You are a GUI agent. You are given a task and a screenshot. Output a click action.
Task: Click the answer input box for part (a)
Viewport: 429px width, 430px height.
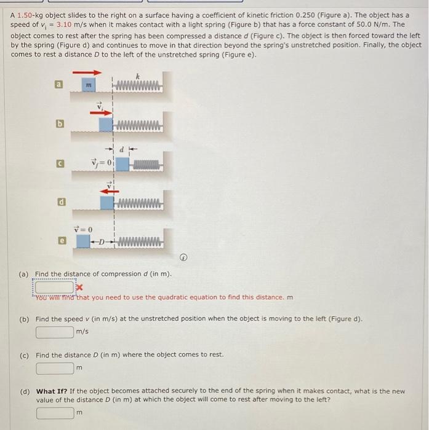[54, 286]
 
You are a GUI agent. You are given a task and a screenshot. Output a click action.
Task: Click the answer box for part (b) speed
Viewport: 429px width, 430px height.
[54, 332]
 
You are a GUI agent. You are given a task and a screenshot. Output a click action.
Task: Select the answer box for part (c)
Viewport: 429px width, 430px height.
[54, 369]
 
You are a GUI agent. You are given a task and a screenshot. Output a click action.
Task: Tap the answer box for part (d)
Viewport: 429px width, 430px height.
[54, 413]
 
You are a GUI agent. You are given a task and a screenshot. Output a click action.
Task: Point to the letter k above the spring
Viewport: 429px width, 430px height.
[138, 75]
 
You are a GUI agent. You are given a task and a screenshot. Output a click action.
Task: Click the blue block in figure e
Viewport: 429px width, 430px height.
[84, 240]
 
